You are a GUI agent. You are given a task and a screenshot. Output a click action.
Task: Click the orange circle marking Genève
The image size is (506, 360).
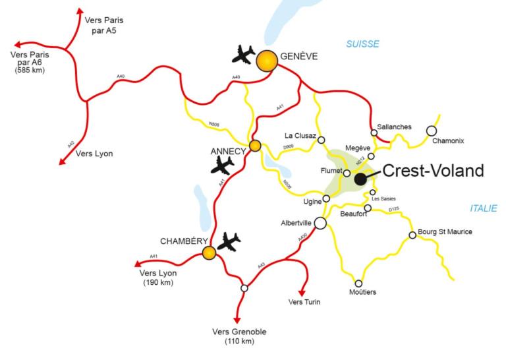pos(266,61)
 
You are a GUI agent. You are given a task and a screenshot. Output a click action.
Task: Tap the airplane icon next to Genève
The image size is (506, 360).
pos(243,54)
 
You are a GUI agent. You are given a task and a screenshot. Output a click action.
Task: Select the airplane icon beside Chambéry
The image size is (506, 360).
pos(229,242)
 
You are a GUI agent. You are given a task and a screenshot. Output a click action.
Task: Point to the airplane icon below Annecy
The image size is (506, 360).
pos(222,165)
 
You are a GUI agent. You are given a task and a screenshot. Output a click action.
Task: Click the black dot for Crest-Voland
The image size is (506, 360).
pos(360,179)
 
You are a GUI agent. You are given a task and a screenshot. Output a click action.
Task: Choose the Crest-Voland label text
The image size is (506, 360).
pos(433,171)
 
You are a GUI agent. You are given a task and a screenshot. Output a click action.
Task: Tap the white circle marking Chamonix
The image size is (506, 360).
pos(432,131)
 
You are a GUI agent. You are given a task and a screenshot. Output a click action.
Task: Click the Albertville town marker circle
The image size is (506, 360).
pos(320,223)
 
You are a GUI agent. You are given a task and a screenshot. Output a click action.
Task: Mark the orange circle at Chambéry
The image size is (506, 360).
pos(209,253)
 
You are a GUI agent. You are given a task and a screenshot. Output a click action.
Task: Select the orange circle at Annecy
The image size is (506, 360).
pos(255,146)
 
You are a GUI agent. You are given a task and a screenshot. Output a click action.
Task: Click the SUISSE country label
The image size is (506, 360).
pos(363,44)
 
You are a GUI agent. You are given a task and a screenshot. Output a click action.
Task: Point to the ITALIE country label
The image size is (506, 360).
pos(484,208)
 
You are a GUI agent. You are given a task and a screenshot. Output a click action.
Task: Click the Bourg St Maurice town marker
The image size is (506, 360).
pos(412,235)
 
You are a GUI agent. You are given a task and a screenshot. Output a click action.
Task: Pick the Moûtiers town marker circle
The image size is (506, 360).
pos(358,283)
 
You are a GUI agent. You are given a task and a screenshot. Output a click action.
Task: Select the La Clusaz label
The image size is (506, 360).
pos(300,136)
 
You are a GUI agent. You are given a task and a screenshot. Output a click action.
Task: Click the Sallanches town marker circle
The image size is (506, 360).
pos(374,133)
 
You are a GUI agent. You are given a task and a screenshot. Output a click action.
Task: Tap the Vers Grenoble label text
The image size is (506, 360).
pos(239,332)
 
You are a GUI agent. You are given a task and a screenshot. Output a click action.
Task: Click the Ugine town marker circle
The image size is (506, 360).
pos(326,198)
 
